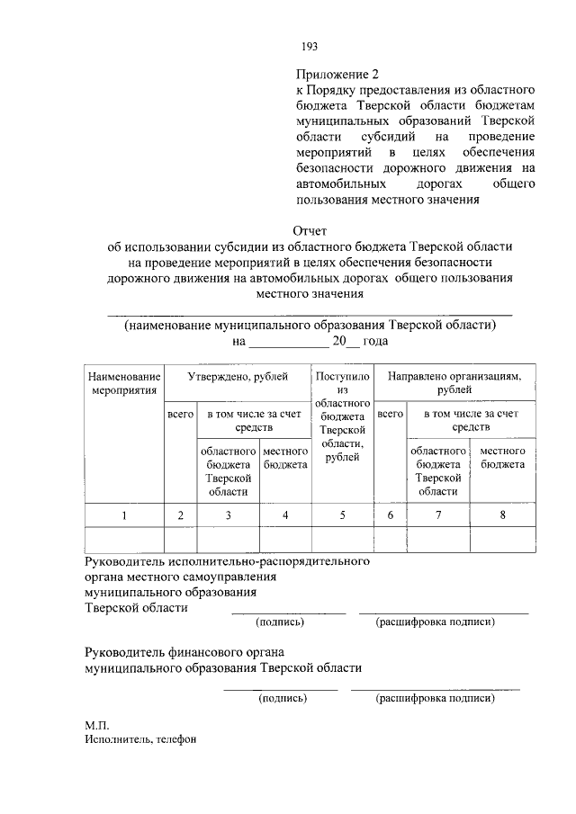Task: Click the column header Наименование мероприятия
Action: [x=124, y=383]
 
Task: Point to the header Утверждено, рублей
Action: [x=237, y=377]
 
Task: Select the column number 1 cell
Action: [x=124, y=514]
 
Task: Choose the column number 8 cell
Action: [x=501, y=514]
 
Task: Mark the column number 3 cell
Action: [x=229, y=514]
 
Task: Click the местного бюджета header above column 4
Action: [x=284, y=457]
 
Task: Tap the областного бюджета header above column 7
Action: [x=437, y=470]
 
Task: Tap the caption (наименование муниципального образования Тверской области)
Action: [x=310, y=325]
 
